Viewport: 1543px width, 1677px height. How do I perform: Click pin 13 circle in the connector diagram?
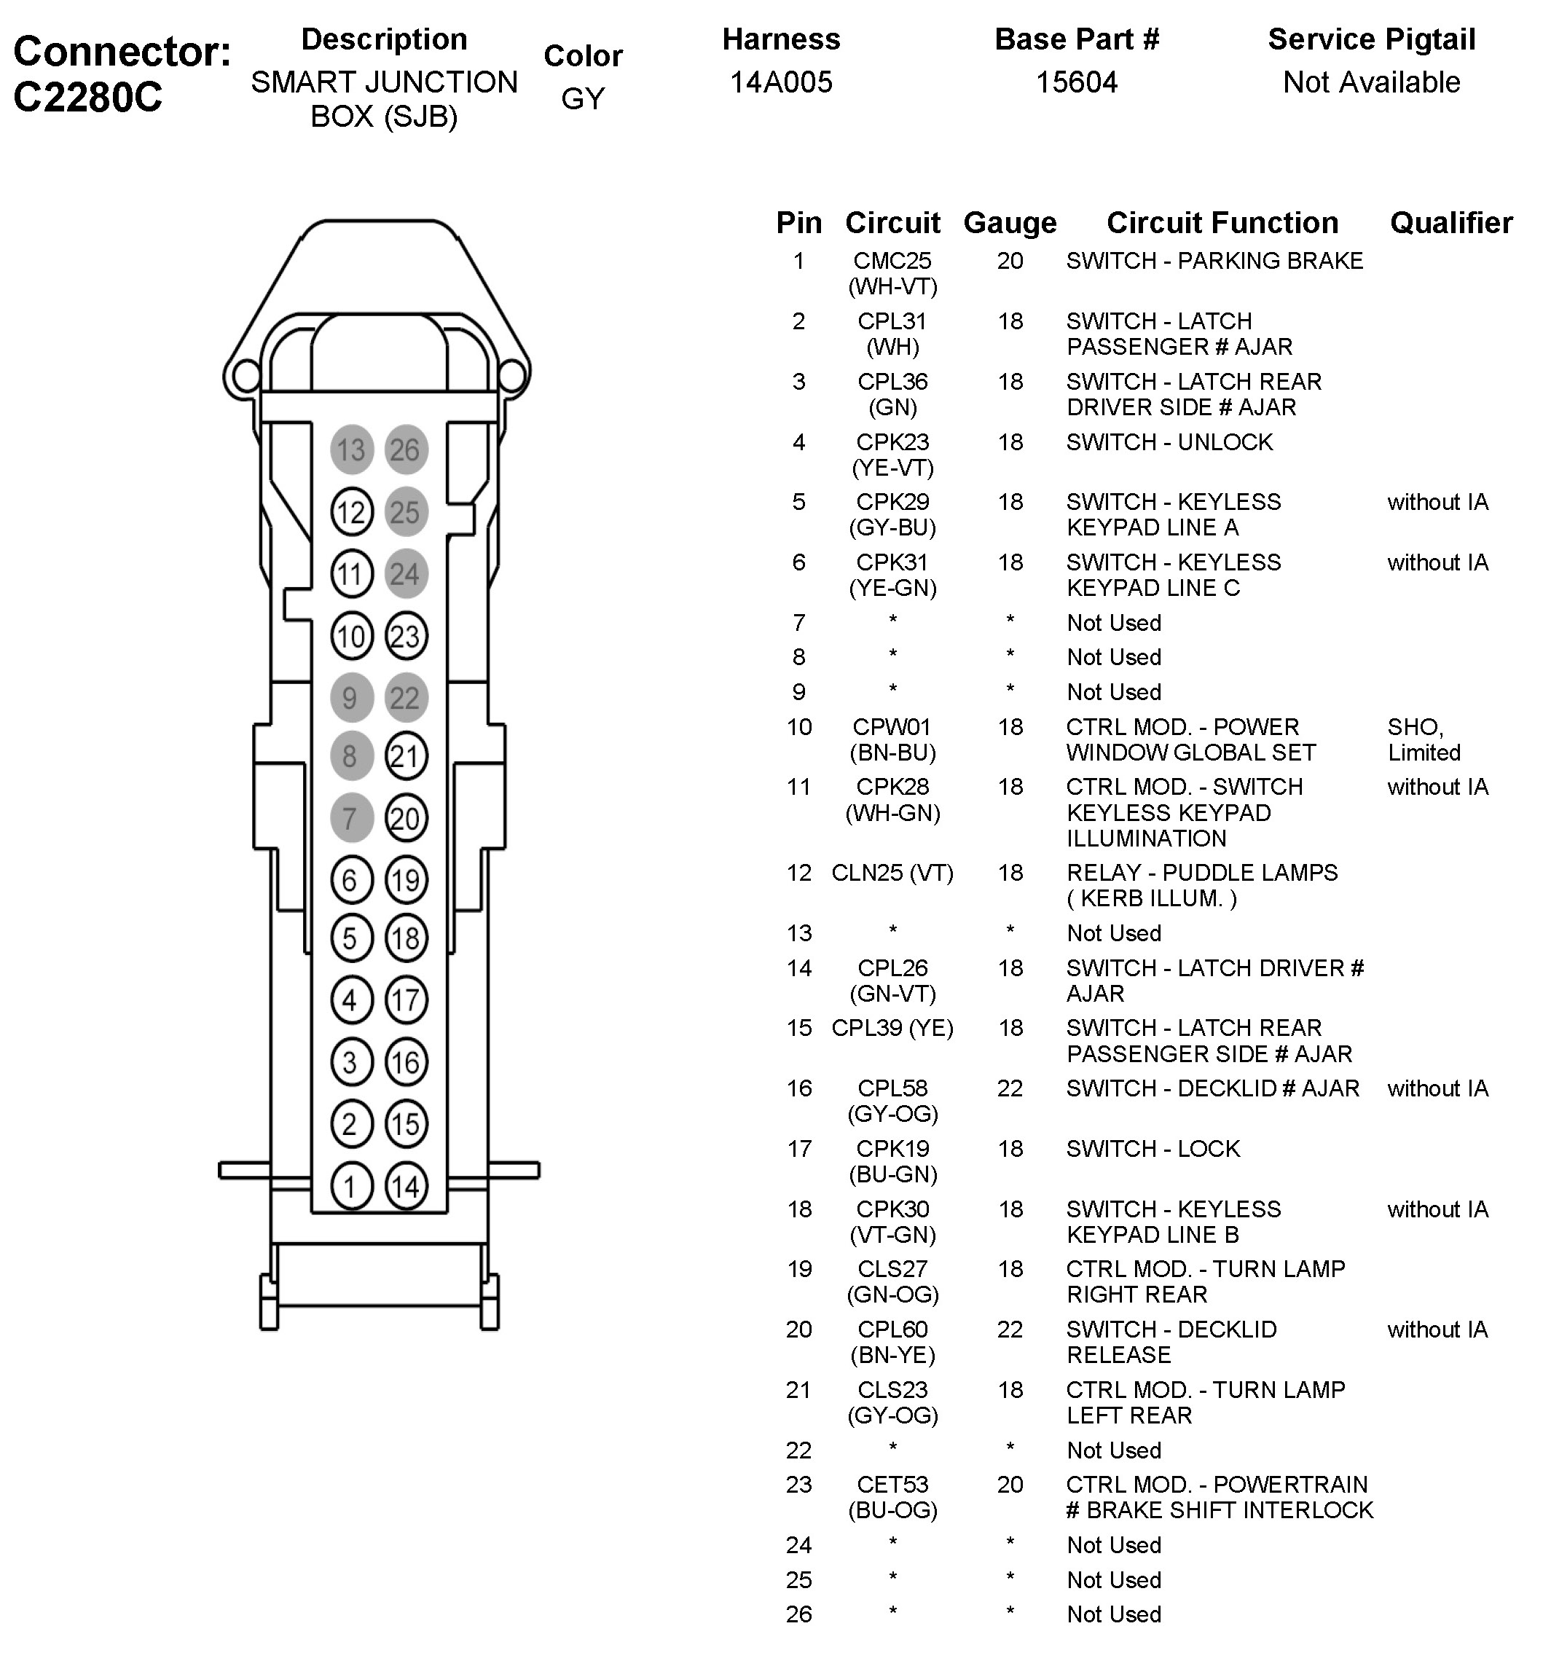coord(352,450)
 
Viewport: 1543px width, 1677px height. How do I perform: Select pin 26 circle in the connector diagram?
coord(406,450)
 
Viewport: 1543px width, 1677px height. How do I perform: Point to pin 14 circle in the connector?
coord(406,1186)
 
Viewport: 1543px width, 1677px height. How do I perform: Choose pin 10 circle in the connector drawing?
coord(352,637)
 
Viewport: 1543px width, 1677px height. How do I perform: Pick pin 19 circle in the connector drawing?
coord(406,880)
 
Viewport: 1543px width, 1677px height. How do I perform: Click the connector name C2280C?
coord(87,98)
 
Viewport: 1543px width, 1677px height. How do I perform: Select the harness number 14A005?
coord(781,82)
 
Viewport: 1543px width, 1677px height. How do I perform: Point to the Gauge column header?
coord(1010,223)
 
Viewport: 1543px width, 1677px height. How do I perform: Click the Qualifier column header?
coord(1451,223)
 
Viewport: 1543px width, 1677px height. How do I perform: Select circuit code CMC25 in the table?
coord(892,261)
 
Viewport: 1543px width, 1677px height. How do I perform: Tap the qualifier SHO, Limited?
coord(1424,739)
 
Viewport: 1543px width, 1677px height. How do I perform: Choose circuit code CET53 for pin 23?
coord(892,1484)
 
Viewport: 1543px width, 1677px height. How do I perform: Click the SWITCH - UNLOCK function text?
coord(1169,441)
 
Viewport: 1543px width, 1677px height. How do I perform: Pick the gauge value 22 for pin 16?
coord(1010,1088)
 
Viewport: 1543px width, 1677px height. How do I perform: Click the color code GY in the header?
coord(583,98)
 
